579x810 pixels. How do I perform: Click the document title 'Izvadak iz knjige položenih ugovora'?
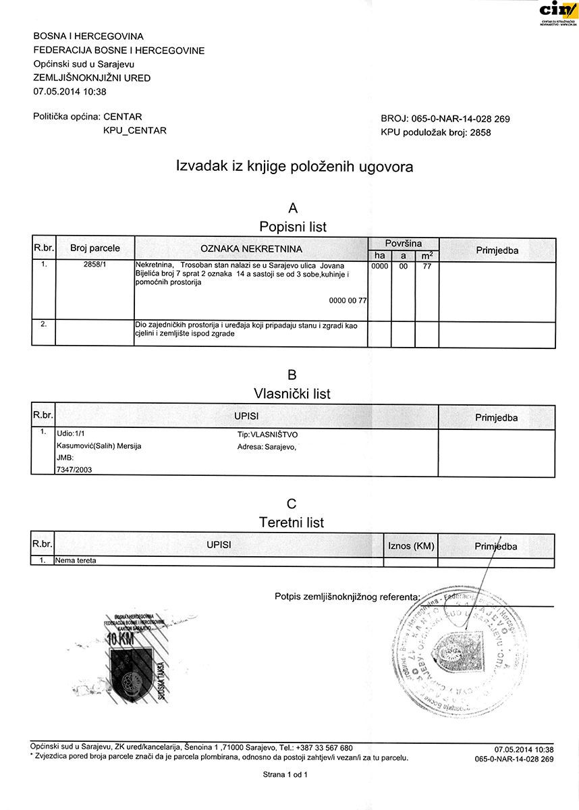coord(294,166)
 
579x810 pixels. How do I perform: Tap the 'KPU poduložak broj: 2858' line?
coord(436,132)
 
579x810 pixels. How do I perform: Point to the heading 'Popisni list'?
coord(293,227)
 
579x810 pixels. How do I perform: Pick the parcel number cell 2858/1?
coord(95,265)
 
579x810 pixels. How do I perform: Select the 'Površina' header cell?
coord(404,243)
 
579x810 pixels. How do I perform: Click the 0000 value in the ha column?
coord(380,266)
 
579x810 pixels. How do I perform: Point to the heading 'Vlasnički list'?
coord(292,394)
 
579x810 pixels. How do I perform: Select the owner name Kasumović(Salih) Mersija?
coord(99,446)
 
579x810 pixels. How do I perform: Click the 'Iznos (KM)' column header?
coord(411,545)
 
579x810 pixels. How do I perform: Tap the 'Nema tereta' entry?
coord(78,560)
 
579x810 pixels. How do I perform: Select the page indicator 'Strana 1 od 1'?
coord(285,776)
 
